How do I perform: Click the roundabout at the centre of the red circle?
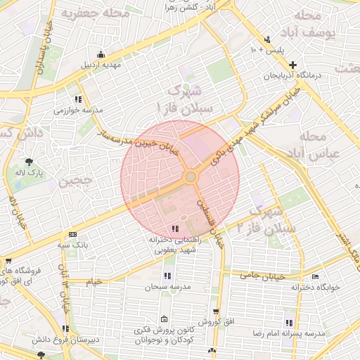191,176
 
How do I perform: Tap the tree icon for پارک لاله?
29,160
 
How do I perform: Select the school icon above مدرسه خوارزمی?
78,99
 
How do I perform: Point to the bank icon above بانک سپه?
72,235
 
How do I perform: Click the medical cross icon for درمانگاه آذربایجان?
292,65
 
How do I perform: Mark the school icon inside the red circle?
174,229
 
